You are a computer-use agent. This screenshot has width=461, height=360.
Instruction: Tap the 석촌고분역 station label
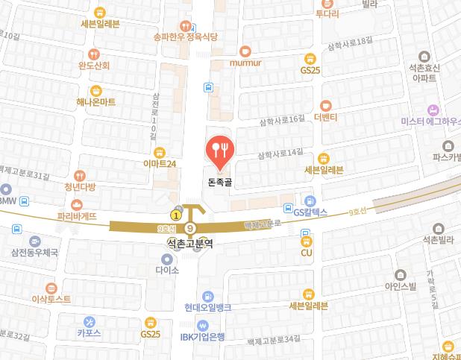click(189, 243)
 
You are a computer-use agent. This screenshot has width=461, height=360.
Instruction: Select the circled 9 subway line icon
click(190, 228)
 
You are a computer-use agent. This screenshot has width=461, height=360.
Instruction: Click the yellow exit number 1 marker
click(175, 215)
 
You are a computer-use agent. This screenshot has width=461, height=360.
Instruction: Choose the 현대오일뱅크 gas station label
click(208, 307)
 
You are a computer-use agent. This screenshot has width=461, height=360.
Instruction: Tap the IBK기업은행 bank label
click(203, 337)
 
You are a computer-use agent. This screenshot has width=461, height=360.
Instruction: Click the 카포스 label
click(89, 334)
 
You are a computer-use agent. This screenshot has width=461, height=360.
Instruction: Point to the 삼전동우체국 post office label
click(34, 253)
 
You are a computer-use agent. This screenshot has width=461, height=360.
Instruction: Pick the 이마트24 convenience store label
click(160, 163)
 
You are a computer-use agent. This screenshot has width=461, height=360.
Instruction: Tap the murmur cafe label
click(245, 63)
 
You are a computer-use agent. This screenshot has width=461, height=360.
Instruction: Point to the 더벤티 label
click(326, 118)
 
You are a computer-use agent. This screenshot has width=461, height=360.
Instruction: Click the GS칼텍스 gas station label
click(310, 212)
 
